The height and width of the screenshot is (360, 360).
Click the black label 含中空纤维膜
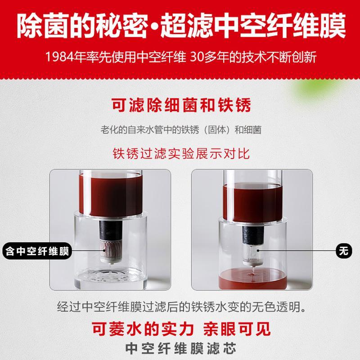pyautogui.click(x=37, y=251)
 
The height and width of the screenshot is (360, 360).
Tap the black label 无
pyautogui.click(x=344, y=251)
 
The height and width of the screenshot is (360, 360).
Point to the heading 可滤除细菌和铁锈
pyautogui.click(x=181, y=105)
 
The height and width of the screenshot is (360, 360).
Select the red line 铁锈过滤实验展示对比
pyautogui.click(x=181, y=153)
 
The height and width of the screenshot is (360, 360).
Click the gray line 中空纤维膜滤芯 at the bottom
pyautogui.click(x=181, y=348)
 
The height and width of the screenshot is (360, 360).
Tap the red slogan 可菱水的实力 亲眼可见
pyautogui.click(x=181, y=329)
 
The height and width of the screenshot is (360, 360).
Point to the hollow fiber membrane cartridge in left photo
pyautogui.click(x=110, y=251)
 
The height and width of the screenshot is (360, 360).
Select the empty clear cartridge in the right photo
pyautogui.click(x=252, y=254)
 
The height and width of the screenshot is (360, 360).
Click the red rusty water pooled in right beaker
pyautogui.click(x=252, y=279)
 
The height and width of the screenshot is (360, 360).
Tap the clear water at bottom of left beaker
pyautogui.click(x=110, y=279)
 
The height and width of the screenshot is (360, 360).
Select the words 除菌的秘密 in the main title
pyautogui.click(x=82, y=25)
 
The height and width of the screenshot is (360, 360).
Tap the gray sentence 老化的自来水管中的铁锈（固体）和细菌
pyautogui.click(x=181, y=130)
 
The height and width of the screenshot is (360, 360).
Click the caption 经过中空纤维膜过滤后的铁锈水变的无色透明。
pyautogui.click(x=181, y=307)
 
